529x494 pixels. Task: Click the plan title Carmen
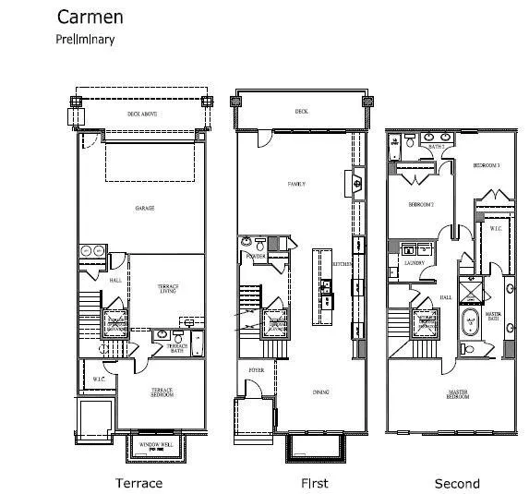pyautogui.click(x=90, y=17)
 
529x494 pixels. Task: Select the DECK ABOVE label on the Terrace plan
pyautogui.click(x=141, y=114)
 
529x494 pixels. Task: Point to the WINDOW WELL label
pyautogui.click(x=154, y=446)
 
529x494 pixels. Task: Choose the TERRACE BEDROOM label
pyautogui.click(x=162, y=392)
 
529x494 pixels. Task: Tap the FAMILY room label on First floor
pyautogui.click(x=296, y=185)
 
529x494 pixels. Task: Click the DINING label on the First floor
pyautogui.click(x=320, y=392)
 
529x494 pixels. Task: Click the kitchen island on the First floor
pyautogui.click(x=325, y=285)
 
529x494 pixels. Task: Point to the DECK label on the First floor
pyautogui.click(x=301, y=111)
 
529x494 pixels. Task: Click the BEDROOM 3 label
pyautogui.click(x=486, y=165)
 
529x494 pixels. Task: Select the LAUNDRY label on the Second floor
pyautogui.click(x=413, y=263)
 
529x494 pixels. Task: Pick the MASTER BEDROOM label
pyautogui.click(x=458, y=394)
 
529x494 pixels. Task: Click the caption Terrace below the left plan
pyautogui.click(x=138, y=483)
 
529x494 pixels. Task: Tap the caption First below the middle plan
pyautogui.click(x=314, y=483)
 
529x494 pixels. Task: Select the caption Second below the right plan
pyautogui.click(x=457, y=483)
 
